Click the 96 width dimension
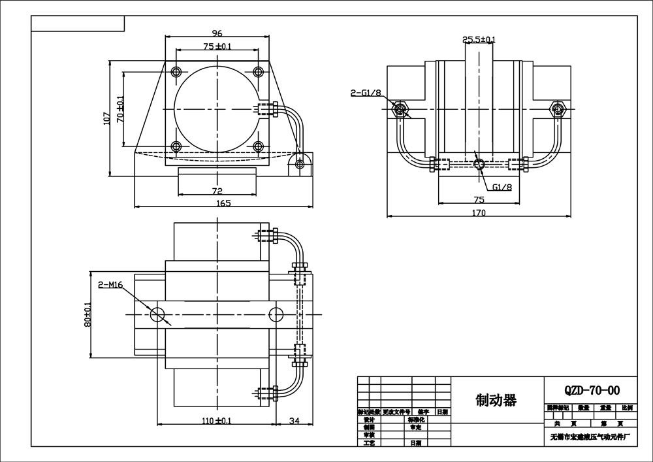217,33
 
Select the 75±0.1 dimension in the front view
217,46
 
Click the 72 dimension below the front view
217,191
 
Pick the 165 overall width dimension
223,204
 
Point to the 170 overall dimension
479,212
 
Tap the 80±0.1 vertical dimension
88,314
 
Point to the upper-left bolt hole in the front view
175,71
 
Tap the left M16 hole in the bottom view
157,314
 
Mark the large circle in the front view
216,108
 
